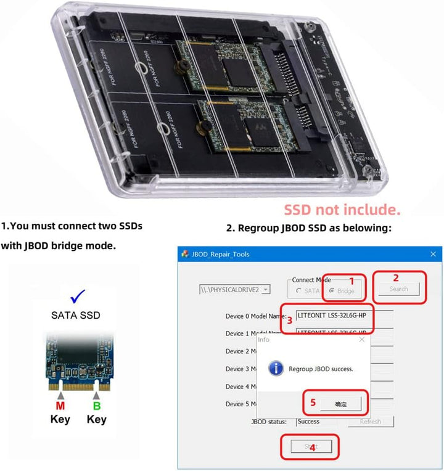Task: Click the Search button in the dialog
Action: (398, 289)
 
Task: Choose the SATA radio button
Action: (299, 290)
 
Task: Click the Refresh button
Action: (370, 422)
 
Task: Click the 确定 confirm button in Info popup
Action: (340, 404)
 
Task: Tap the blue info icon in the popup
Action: (277, 369)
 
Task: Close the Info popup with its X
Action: (361, 340)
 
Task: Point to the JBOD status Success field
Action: (316, 422)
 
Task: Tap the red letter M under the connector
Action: (60, 406)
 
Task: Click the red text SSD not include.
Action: (342, 210)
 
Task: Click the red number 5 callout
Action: (313, 403)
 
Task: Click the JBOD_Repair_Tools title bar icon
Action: (184, 254)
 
